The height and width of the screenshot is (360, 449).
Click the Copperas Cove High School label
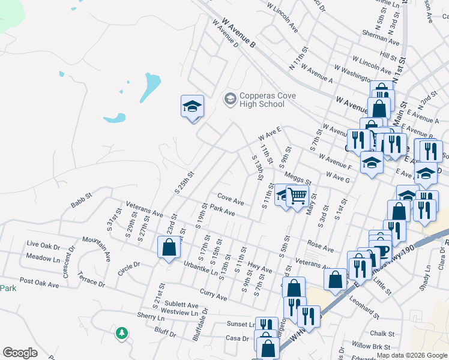tap(262, 100)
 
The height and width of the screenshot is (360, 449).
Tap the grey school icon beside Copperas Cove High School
tap(229, 98)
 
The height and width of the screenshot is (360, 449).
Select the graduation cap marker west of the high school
tap(192, 107)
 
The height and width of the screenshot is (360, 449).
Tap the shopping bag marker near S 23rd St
tap(169, 247)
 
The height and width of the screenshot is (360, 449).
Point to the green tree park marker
tap(121, 332)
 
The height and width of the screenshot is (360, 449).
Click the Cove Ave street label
tap(231, 199)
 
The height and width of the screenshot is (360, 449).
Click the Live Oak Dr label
tap(44, 245)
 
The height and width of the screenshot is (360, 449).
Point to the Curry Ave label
tap(213, 295)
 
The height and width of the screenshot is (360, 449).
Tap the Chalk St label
tap(382, 334)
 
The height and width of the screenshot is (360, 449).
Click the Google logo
tap(20, 353)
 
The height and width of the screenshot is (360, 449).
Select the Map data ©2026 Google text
tap(411, 355)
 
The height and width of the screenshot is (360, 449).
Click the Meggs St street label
tap(298, 178)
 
